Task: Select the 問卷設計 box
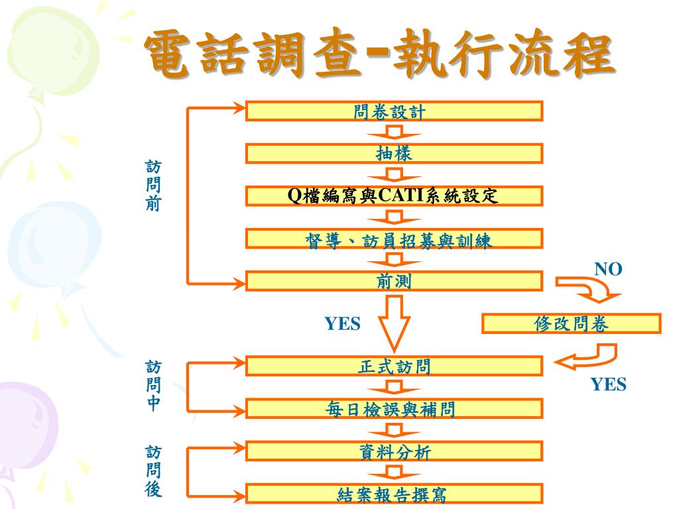[x=394, y=111]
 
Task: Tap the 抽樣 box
[x=394, y=154]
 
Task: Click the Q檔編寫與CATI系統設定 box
[x=394, y=196]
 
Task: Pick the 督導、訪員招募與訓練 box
[x=394, y=239]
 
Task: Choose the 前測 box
[x=394, y=282]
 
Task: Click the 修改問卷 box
[x=571, y=323]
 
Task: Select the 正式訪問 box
[x=394, y=366]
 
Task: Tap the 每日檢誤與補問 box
[x=394, y=409]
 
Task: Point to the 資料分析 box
[x=394, y=452]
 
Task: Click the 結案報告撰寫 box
[x=394, y=494]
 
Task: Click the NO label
[x=608, y=268]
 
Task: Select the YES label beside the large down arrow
[x=342, y=323]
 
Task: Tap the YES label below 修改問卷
[x=609, y=384]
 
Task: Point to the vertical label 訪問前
[x=153, y=185]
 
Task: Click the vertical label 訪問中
[x=153, y=386]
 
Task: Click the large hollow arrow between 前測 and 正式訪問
[x=395, y=321]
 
